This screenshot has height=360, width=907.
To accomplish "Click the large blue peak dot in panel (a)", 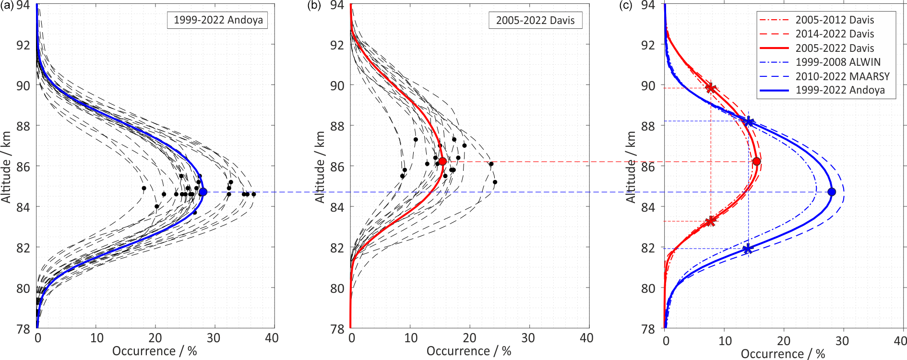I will click(x=203, y=192).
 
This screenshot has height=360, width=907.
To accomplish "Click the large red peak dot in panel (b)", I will click(x=442, y=161).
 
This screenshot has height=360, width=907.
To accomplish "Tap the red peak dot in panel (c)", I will click(x=757, y=161).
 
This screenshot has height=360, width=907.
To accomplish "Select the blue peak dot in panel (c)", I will click(x=832, y=192).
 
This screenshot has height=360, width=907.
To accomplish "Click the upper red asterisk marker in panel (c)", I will click(x=711, y=88).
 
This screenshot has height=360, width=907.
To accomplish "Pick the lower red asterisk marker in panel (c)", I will click(x=711, y=221).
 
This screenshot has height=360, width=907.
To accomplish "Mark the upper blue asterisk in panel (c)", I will click(x=749, y=121).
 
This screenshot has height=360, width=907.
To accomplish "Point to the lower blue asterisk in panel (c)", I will click(x=747, y=249).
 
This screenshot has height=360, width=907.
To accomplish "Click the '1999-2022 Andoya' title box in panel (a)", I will click(x=218, y=20).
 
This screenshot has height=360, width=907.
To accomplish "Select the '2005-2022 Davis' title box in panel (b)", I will click(x=535, y=20).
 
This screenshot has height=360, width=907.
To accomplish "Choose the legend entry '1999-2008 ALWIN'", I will click(x=838, y=62).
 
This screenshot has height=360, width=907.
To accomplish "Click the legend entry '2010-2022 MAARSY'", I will click(x=842, y=76).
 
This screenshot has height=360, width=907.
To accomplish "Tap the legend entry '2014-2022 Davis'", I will click(x=835, y=34).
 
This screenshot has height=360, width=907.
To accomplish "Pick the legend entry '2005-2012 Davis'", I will click(x=835, y=20).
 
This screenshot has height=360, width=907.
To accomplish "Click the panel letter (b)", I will click(x=314, y=5).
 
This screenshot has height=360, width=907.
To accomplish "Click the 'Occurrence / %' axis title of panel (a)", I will click(x=155, y=351).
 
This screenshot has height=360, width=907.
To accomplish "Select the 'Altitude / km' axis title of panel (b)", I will click(x=320, y=167).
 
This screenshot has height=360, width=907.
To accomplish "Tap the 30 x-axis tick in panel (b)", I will click(x=528, y=338).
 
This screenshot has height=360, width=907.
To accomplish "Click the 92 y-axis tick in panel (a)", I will click(x=23, y=45).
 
